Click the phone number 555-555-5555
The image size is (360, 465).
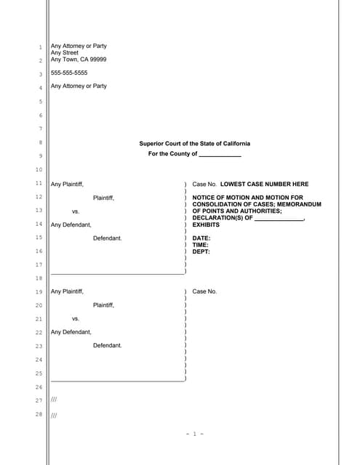click(x=68, y=73)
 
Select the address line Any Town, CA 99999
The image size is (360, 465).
click(x=79, y=60)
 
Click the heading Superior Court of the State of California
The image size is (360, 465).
click(x=194, y=144)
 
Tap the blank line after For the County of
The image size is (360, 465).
click(x=220, y=155)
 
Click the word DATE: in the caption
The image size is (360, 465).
click(x=201, y=238)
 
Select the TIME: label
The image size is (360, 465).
click(x=200, y=245)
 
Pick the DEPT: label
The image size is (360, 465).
click(x=201, y=251)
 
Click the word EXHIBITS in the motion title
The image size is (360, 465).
click(x=206, y=225)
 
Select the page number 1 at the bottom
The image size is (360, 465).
click(x=194, y=434)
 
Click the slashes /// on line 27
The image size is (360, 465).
click(x=54, y=400)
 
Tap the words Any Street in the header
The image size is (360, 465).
click(x=64, y=53)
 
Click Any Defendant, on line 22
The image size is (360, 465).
click(x=71, y=332)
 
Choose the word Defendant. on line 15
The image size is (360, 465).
click(x=108, y=238)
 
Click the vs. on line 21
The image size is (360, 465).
click(x=76, y=318)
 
